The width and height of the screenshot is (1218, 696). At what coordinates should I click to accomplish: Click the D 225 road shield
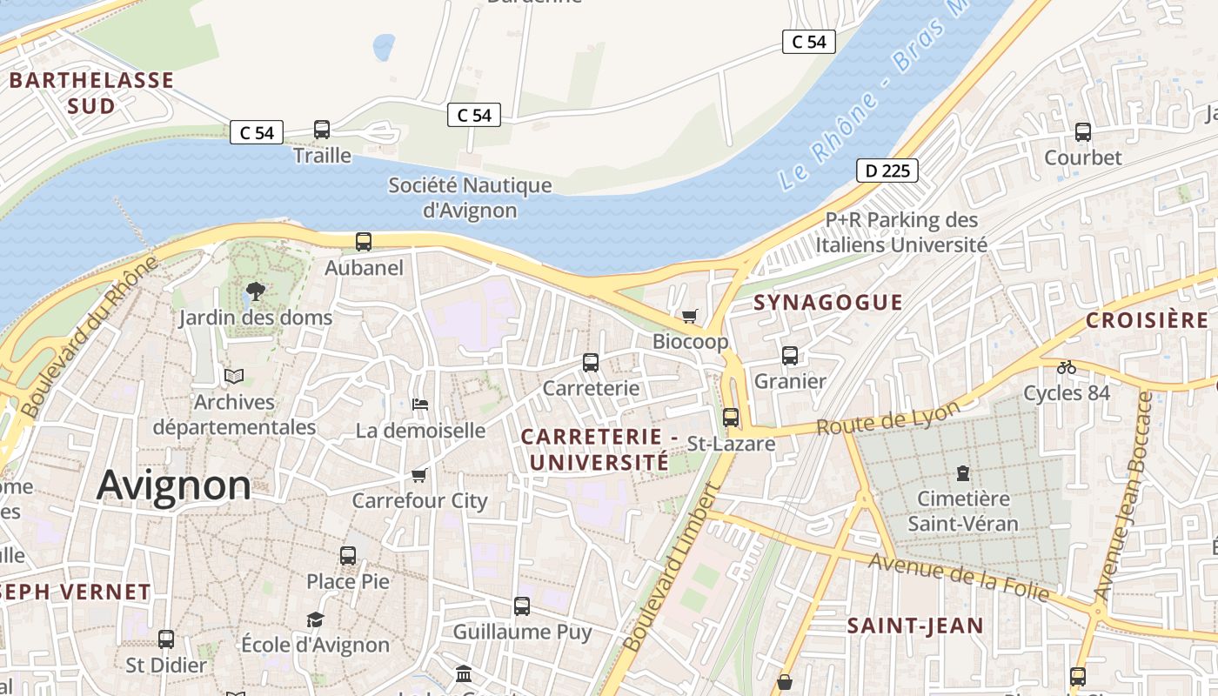point(887,171)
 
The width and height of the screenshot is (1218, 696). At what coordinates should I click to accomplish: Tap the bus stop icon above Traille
point(322,130)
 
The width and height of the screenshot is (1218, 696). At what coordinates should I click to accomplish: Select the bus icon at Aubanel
point(364,242)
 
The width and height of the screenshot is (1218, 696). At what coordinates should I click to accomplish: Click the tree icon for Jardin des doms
point(256,291)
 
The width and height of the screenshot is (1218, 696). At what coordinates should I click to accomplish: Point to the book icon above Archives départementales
point(234,376)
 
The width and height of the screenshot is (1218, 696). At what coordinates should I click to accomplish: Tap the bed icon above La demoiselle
point(420,405)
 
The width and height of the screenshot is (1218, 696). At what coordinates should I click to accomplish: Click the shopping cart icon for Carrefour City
point(419,475)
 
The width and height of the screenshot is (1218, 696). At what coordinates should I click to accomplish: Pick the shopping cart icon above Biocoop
point(690,316)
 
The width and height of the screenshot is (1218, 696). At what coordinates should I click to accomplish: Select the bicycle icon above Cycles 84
point(1067,367)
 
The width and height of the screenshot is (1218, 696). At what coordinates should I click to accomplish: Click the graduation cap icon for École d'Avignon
point(315,619)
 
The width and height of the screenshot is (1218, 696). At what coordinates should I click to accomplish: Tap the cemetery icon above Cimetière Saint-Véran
point(963,473)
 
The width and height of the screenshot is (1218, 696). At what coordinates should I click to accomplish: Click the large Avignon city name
point(174,485)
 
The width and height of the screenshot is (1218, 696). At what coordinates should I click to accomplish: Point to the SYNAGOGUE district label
point(827,302)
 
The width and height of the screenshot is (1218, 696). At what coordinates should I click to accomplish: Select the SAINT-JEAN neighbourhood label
point(915,625)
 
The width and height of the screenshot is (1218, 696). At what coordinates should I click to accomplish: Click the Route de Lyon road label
point(888,418)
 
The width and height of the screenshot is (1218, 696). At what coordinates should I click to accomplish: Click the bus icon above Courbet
point(1083,132)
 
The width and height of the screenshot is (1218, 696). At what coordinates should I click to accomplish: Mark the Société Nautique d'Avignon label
point(470,197)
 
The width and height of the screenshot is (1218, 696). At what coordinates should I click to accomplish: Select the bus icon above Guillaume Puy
point(522,606)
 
